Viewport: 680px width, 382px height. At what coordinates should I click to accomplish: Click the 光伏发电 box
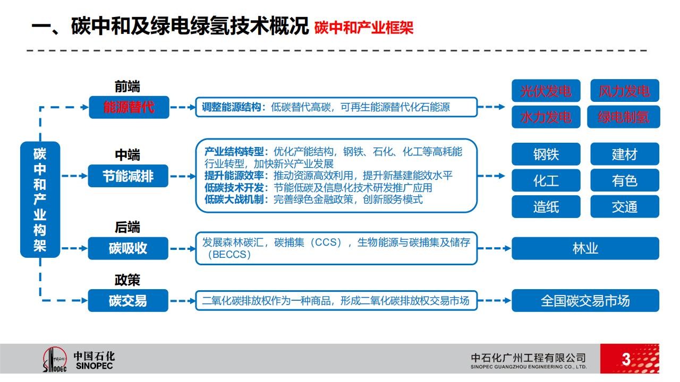click(x=546, y=90)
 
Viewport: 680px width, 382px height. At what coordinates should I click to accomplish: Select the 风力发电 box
click(x=624, y=90)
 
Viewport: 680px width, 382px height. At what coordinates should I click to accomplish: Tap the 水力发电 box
click(x=546, y=117)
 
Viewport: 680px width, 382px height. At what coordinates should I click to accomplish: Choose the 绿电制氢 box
click(x=624, y=117)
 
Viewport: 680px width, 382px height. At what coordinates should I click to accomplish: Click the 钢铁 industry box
click(x=546, y=154)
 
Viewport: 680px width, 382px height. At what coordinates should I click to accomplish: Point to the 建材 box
click(x=624, y=154)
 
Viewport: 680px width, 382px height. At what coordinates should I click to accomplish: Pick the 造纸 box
click(x=546, y=206)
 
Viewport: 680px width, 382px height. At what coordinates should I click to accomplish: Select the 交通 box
click(x=624, y=206)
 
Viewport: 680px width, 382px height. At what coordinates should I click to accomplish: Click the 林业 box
click(x=585, y=248)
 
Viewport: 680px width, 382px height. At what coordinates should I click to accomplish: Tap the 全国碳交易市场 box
click(x=585, y=300)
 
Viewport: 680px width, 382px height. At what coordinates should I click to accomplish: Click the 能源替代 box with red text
click(x=129, y=107)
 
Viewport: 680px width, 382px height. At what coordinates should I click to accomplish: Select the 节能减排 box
click(x=128, y=176)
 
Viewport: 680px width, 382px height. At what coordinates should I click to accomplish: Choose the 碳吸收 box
click(x=128, y=248)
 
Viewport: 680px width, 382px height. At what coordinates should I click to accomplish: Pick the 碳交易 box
click(x=128, y=300)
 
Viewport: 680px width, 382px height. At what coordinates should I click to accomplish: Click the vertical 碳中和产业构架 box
click(x=40, y=199)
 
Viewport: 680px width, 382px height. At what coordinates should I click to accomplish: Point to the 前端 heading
click(x=127, y=86)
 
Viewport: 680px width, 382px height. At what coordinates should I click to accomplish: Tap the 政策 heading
click(x=127, y=280)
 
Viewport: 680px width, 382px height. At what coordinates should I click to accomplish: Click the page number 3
click(x=626, y=359)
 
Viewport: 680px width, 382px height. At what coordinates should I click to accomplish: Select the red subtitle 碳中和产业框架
click(x=364, y=28)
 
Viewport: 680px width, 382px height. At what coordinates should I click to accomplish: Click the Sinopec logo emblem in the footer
click(x=55, y=360)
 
